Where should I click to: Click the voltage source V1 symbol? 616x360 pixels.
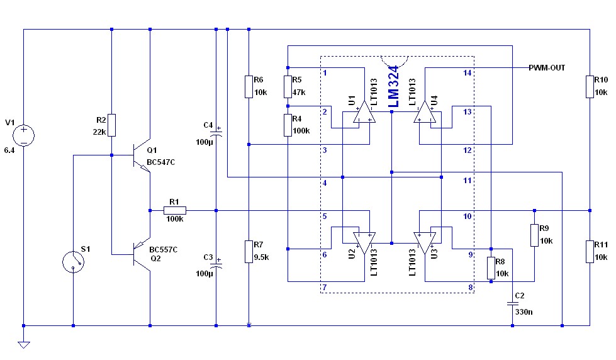(x=23, y=135)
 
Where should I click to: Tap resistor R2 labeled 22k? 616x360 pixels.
(x=111, y=125)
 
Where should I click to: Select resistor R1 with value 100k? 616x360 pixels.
(x=174, y=210)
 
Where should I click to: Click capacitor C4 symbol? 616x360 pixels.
(x=216, y=133)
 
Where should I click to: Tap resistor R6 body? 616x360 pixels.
(x=249, y=87)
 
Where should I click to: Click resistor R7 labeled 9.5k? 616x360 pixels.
(x=249, y=251)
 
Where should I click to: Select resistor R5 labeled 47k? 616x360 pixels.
(x=287, y=87)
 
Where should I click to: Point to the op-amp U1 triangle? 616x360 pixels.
(x=364, y=113)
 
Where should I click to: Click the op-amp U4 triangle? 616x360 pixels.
(x=425, y=113)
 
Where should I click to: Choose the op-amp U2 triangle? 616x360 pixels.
(x=364, y=242)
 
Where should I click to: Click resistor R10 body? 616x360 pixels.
(x=590, y=87)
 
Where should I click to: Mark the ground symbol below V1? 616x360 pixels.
(x=23, y=344)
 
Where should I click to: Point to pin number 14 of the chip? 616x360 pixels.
(x=467, y=73)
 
